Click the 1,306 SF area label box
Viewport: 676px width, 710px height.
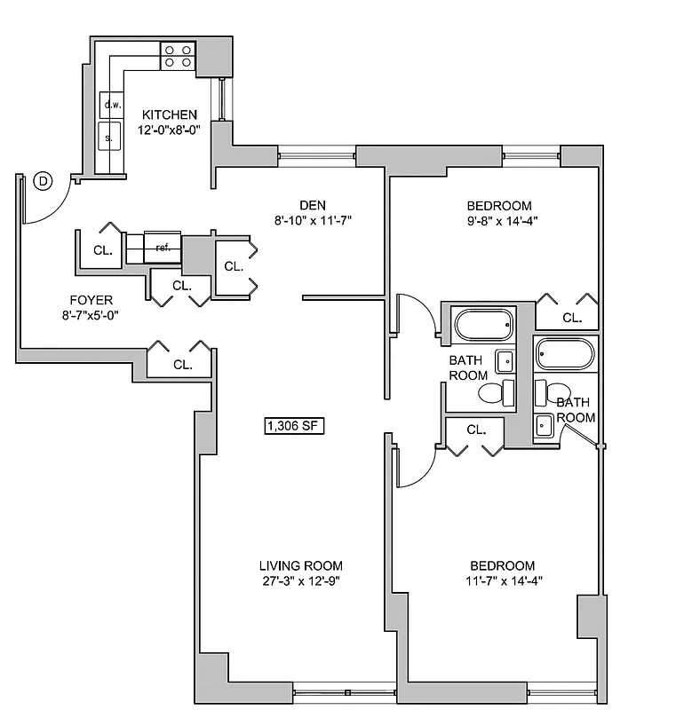click(292, 426)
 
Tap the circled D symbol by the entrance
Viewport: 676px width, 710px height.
click(43, 181)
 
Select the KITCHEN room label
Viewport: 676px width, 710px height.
click(170, 114)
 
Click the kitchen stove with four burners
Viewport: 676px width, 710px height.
click(178, 56)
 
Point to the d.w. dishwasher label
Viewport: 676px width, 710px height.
click(112, 105)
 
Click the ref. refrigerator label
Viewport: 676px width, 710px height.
click(163, 247)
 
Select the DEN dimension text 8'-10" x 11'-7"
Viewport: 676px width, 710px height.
click(314, 220)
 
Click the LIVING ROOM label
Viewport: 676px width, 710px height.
click(300, 566)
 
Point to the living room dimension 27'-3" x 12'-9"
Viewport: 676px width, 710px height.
click(300, 581)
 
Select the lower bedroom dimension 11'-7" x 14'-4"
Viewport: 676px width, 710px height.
click(502, 581)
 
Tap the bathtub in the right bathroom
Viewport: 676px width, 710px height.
click(564, 355)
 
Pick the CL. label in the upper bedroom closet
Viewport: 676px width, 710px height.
click(572, 317)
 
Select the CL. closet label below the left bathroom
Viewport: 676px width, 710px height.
click(476, 430)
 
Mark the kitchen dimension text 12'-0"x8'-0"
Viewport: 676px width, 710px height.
click(170, 129)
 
